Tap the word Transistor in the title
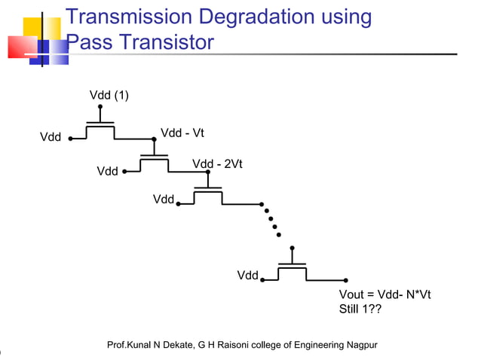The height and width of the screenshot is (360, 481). pos(167,43)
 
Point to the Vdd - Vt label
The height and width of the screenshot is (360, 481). pos(182,133)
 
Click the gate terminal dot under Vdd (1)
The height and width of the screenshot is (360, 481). pos(100,107)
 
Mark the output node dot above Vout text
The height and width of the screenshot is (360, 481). pos(345,280)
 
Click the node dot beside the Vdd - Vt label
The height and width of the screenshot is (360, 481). pos(154,139)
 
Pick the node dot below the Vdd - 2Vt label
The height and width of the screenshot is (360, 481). pos(208,172)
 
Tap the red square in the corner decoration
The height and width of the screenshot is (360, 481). pos(21,47)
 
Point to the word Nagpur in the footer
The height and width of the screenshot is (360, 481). pos(359,345)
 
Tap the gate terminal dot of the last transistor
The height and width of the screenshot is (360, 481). pos(292,248)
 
